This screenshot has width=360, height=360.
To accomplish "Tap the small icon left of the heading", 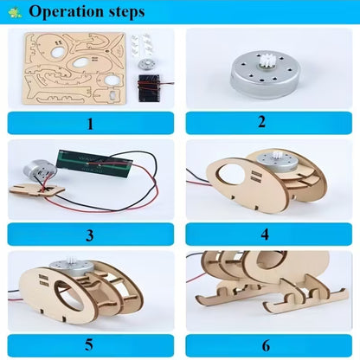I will [x=13, y=13].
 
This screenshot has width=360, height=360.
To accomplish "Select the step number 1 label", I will [x=89, y=123].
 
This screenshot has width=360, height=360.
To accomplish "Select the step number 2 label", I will [x=268, y=123].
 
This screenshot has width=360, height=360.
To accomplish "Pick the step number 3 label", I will [x=89, y=234].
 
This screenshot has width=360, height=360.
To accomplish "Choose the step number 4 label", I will [x=268, y=234].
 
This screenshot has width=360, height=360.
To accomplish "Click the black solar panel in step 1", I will [x=151, y=88].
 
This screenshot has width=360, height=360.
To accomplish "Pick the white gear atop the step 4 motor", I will [x=286, y=159].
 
